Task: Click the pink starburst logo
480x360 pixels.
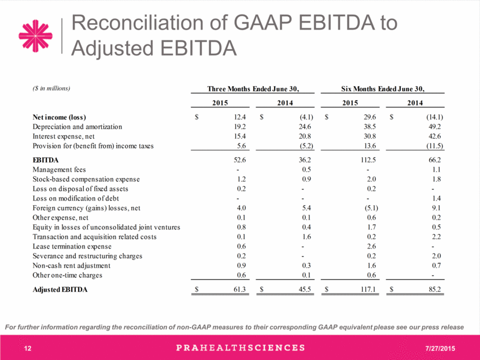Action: coord(35,36)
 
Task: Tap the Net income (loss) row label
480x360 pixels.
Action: coord(60,117)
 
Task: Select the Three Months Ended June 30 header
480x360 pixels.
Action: coord(253,89)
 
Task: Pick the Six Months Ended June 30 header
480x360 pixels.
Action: coord(383,89)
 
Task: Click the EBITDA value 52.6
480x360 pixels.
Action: coord(239,160)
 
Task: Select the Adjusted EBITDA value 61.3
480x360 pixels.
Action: coord(239,290)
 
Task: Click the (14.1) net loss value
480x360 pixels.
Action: coord(434,117)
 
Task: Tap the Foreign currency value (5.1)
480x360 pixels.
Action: coord(371,208)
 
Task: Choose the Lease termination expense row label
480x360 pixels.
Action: coord(72,247)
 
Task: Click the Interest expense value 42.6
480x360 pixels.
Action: coord(435,136)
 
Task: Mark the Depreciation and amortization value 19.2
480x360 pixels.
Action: coord(239,127)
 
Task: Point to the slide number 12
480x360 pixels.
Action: coord(28,348)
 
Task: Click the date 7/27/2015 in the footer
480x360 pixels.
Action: coord(440,348)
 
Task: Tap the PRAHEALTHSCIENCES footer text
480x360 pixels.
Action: coord(241,348)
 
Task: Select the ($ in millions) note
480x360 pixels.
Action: coord(51,88)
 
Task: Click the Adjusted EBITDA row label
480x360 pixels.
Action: coord(60,290)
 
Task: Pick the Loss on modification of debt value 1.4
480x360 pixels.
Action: coord(437,199)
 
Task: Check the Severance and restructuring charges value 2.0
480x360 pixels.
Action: coord(437,256)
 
